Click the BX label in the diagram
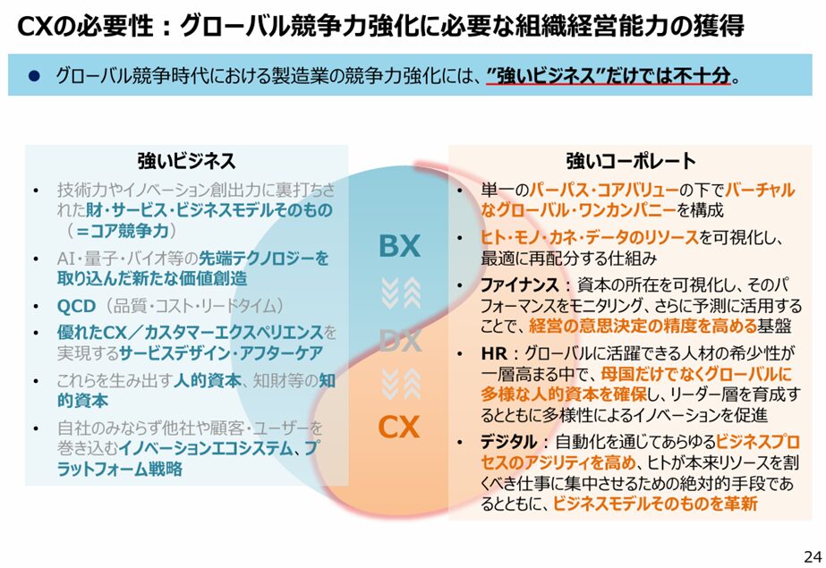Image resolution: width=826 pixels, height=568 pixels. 399,246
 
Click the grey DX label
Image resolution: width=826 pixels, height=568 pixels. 400,341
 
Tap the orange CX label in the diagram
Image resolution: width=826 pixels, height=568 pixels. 399,427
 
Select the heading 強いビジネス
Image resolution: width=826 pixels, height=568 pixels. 186,160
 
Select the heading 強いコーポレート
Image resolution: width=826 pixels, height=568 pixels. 631,160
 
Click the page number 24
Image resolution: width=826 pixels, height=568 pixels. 813,555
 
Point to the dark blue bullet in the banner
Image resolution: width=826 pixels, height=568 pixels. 35,76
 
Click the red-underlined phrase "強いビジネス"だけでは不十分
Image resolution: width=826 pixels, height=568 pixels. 609,76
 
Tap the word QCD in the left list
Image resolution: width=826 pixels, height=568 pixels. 76,306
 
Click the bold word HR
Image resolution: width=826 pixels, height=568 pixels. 494,353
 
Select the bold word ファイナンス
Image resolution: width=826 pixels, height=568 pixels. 519,284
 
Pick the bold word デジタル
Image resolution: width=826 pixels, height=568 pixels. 509,442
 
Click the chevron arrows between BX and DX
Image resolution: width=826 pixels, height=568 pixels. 401,293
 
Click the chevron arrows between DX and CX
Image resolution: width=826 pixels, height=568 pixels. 401,384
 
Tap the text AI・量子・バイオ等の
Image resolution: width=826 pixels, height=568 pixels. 127,259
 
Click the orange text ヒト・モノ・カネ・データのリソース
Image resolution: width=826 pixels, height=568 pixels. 589,237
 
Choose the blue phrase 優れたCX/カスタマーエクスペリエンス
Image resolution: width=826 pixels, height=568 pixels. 191,332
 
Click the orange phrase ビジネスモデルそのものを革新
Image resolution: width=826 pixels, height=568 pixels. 655,504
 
